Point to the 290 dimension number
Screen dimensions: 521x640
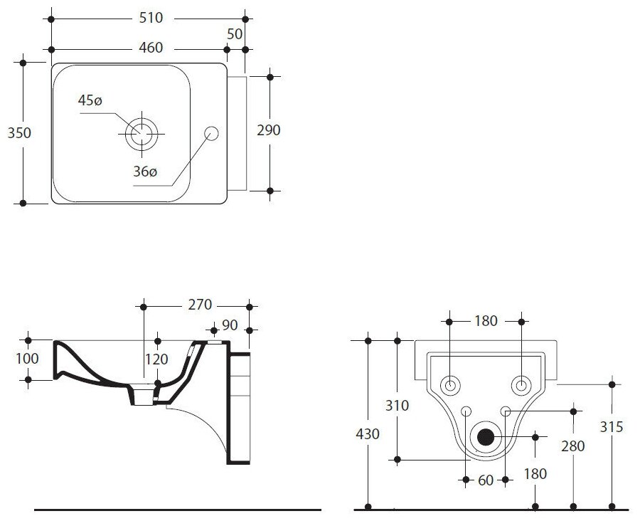269,130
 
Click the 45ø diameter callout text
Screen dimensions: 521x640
90,101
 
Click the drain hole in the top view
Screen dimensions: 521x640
142,132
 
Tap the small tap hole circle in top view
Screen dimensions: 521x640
211,132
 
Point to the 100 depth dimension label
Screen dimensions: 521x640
27,359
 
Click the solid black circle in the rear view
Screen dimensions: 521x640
486,437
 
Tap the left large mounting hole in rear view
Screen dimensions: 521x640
450,385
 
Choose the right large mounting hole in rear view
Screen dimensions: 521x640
521,385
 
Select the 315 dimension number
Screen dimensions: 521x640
612,427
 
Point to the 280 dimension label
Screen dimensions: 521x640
572,446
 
